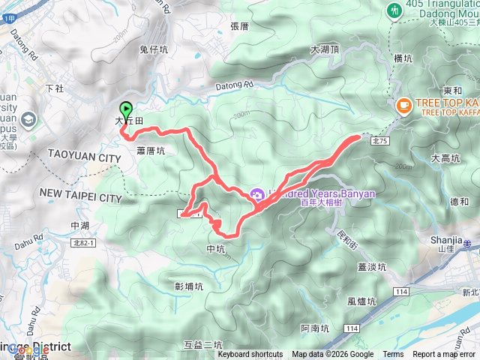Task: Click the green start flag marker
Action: (125, 109)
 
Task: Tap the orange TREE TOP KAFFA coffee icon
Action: (403, 106)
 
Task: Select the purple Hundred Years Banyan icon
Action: (256, 194)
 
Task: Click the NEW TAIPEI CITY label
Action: (79, 197)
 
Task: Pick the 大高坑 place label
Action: (445, 158)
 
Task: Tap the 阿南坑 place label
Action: (315, 328)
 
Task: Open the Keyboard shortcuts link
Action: (250, 355)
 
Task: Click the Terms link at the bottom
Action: (393, 355)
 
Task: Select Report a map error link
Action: (445, 355)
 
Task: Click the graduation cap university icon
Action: (28, 119)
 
